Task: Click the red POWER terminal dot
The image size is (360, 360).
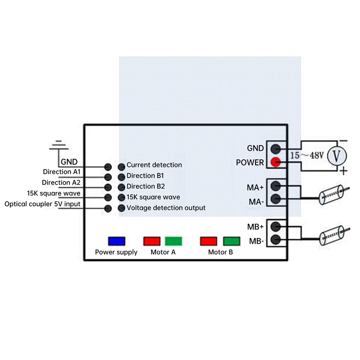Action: (276, 162)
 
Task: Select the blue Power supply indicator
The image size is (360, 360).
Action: (117, 241)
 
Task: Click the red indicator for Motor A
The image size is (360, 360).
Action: (152, 241)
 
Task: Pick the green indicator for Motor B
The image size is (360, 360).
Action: (231, 241)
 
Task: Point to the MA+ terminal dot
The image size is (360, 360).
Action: (276, 186)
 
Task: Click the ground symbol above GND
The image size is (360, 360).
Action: (59, 145)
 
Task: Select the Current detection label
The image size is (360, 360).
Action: (154, 165)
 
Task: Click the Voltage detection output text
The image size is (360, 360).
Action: (166, 208)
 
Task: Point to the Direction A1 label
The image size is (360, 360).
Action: (62, 172)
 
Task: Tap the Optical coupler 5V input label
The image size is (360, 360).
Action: (42, 204)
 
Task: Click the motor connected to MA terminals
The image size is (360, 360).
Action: (331, 194)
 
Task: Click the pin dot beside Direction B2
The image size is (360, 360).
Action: (121, 187)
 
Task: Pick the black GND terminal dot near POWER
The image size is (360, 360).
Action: (276, 148)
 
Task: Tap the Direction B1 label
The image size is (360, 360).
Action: (145, 176)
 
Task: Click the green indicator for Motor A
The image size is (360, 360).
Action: (174, 241)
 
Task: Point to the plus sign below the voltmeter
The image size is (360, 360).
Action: (344, 171)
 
